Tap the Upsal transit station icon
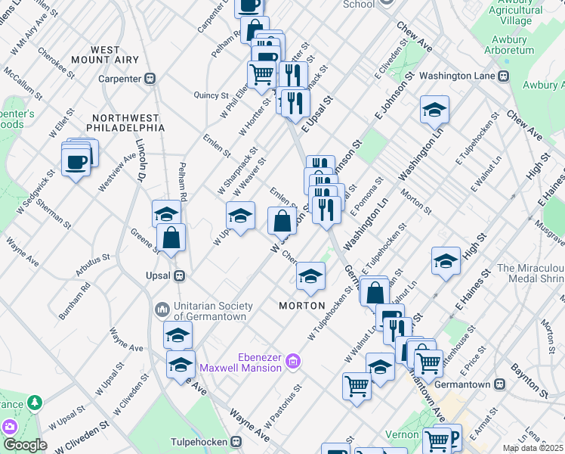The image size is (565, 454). [x=180, y=275]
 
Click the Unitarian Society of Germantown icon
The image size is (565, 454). [x=162, y=309]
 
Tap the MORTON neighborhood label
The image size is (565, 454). [x=301, y=306]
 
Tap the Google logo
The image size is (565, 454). [x=25, y=445]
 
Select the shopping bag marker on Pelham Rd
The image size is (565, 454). [x=171, y=237]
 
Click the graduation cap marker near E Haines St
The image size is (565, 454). [x=446, y=261]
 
